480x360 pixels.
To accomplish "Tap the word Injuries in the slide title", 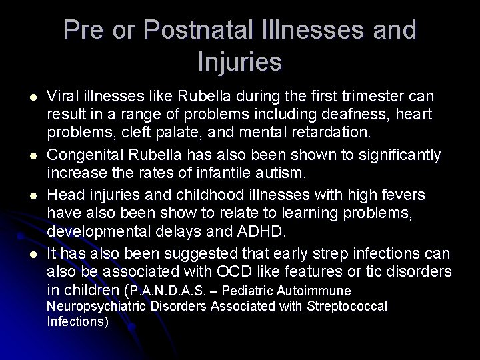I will pyautogui.click(x=240, y=61).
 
